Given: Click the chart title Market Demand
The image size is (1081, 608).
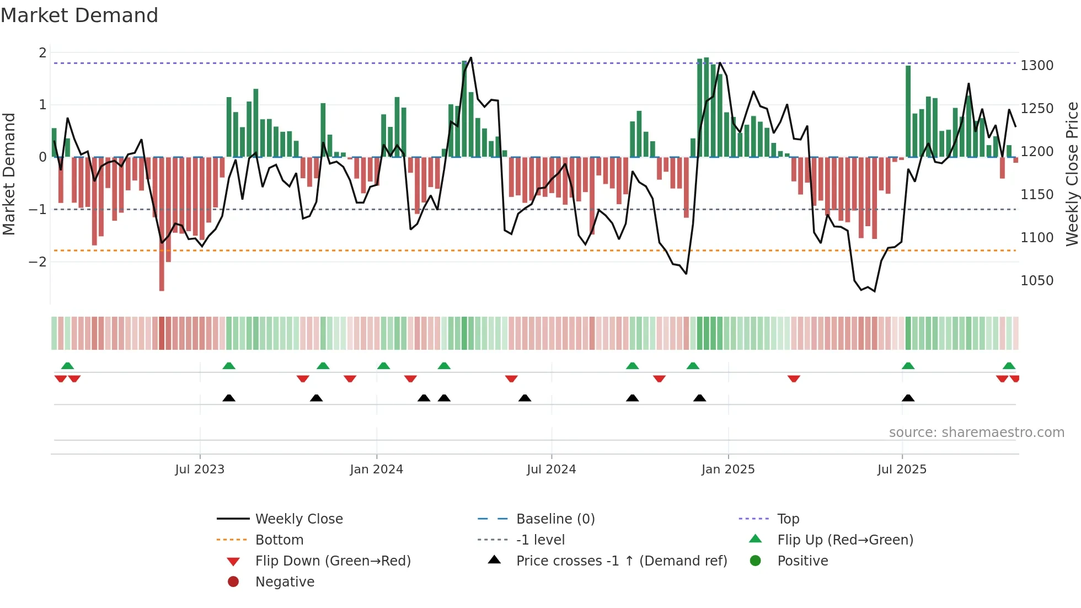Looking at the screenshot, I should tap(79, 15).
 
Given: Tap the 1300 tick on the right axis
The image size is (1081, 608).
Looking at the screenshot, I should tap(1037, 66).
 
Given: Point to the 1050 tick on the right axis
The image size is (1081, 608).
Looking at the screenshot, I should tap(1037, 281).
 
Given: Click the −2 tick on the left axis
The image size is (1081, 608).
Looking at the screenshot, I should tap(38, 262).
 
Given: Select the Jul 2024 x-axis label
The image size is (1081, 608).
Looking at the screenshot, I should tap(551, 470).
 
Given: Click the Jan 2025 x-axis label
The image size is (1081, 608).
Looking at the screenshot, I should tap(728, 470).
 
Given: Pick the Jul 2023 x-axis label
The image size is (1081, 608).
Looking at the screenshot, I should tap(200, 470).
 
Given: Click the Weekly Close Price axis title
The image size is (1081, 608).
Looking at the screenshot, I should tap(1072, 174).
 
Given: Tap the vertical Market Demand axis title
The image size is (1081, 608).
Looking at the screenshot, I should tap(9, 174).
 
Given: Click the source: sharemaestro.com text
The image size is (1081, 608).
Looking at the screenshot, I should tap(976, 433).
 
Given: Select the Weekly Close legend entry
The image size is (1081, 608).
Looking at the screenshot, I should tap(299, 519).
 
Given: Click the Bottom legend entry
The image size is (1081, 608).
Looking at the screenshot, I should tap(279, 540).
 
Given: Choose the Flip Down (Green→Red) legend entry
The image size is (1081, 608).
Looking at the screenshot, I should tap(333, 561).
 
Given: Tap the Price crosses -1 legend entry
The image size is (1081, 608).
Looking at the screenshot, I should tap(622, 561).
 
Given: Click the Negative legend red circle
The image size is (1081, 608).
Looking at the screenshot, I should tap(233, 582).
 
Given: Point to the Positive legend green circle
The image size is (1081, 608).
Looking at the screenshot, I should tap(756, 561).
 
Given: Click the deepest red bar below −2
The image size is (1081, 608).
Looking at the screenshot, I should tap(162, 276).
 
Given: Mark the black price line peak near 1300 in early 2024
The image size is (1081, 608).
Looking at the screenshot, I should tap(470, 58).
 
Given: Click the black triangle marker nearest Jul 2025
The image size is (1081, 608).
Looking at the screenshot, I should tap(908, 398).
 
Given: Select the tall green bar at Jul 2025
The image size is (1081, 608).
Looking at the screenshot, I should tap(908, 110).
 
